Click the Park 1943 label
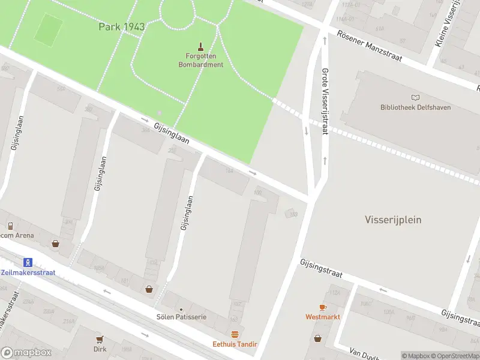tap(122, 27)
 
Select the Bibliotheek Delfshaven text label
tap(415, 107)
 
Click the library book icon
tap(415, 97)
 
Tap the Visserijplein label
tap(393, 220)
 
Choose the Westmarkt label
tap(322, 316)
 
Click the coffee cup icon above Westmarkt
tap(322, 307)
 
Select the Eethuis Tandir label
tap(235, 344)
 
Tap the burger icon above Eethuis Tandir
tap(235, 334)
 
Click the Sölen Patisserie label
tap(181, 316)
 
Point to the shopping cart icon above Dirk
tap(100, 339)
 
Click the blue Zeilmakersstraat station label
tap(28, 272)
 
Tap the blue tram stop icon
tap(27, 262)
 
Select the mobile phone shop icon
tap(10, 226)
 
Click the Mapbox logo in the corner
tap(26, 353)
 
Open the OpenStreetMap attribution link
tap(454, 356)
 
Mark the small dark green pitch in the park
tap(48, 29)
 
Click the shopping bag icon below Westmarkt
tap(317, 338)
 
